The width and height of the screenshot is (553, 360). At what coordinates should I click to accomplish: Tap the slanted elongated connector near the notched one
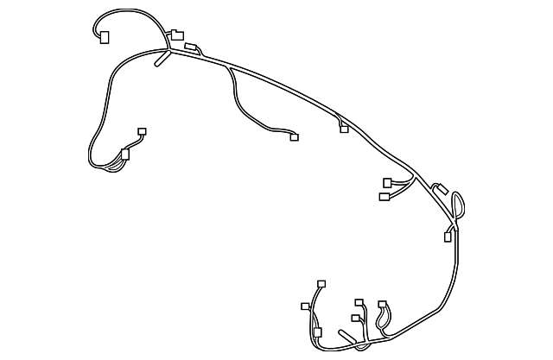[x=191, y=47]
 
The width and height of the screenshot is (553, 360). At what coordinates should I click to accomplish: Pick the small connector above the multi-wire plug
[x=143, y=131]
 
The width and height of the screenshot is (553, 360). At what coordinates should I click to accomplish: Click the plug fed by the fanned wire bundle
[x=125, y=155]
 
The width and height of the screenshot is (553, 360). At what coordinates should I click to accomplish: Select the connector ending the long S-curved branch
[x=294, y=136]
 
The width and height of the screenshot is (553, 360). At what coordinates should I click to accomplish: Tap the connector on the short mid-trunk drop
[x=344, y=129]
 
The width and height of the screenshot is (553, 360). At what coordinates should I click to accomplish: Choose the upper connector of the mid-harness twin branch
[x=388, y=182]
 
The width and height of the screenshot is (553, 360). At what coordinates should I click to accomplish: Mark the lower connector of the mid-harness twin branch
[x=384, y=197]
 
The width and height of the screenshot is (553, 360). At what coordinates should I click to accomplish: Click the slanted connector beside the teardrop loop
[x=438, y=187]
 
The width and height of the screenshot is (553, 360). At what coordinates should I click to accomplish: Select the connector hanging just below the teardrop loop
[x=448, y=237]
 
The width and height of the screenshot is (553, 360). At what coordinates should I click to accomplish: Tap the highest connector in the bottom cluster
[x=321, y=283]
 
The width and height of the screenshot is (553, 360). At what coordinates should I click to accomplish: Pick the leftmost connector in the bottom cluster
[x=305, y=306]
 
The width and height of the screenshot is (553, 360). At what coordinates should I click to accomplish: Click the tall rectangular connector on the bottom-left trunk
[x=317, y=332]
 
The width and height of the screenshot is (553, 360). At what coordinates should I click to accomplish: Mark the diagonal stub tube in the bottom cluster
[x=349, y=335]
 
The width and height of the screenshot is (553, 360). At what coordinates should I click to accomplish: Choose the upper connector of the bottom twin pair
[x=359, y=303]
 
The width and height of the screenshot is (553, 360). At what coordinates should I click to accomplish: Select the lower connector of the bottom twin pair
[x=355, y=319]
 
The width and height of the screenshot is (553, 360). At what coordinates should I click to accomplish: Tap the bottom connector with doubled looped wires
[x=382, y=305]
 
